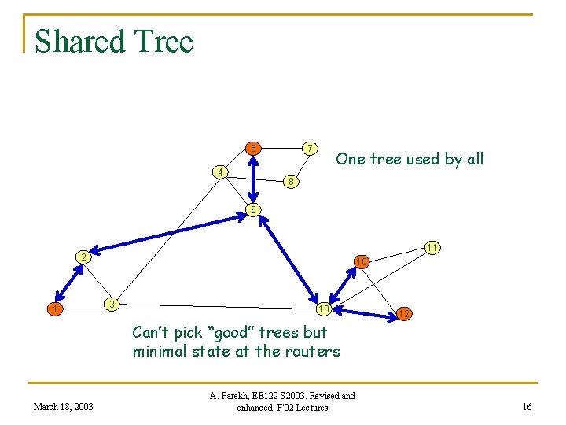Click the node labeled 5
(x=252, y=147)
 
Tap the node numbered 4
(x=222, y=172)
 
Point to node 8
(x=290, y=182)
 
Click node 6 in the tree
(x=252, y=209)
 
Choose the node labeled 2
(x=82, y=257)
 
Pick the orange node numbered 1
(x=53, y=309)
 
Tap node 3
(x=112, y=304)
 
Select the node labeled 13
(x=322, y=308)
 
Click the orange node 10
(x=361, y=261)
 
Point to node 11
(x=432, y=247)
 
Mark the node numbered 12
(x=403, y=313)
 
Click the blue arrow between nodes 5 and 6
(x=252, y=178)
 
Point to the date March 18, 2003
(x=63, y=406)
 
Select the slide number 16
(x=527, y=406)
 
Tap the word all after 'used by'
(x=474, y=159)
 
